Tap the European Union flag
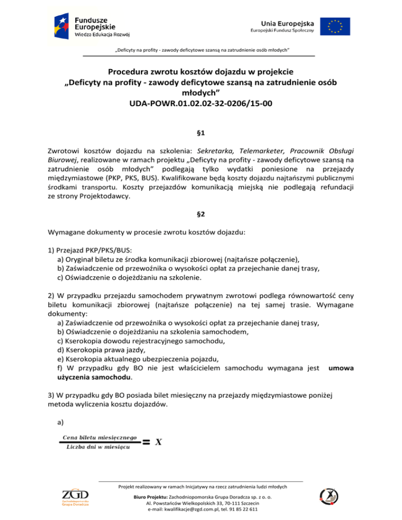click(x=336, y=25)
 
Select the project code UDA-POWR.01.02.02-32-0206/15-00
click(x=200, y=104)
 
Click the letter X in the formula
click(x=159, y=442)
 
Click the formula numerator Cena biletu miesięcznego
click(x=99, y=437)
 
